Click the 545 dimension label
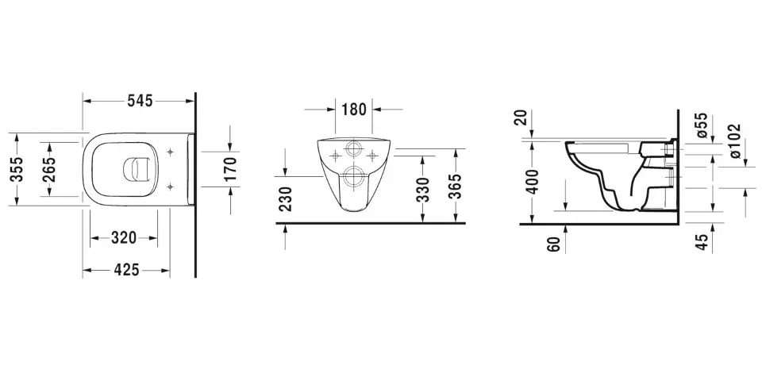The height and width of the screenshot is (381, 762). pos(140,101)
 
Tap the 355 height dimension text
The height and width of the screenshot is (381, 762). pos(17,168)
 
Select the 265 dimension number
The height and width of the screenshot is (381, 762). pos(48,169)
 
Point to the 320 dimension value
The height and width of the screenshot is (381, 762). pos(124,238)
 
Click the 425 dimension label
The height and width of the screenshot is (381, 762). pos(126,270)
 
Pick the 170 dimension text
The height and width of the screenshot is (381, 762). pos(230,168)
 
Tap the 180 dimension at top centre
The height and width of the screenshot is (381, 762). pos(354,110)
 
